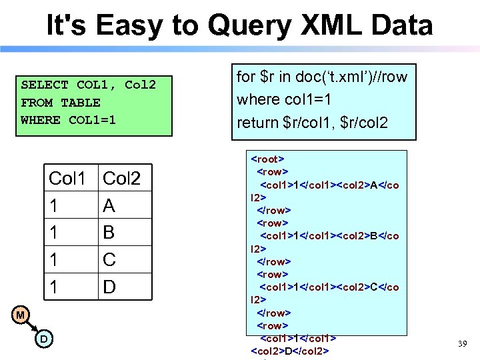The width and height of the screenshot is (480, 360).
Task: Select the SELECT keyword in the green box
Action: [x=45, y=85]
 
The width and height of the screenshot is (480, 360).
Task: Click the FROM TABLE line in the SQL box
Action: [x=61, y=103]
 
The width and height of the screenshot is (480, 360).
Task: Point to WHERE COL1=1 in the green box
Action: [x=68, y=120]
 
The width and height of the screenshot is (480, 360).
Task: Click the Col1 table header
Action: [x=67, y=179]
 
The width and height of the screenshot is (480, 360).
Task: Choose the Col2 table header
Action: [x=122, y=179]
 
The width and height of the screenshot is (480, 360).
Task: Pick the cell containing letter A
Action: [x=109, y=206]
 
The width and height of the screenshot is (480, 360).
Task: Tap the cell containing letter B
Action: [x=109, y=233]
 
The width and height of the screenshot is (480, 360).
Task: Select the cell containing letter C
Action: [x=109, y=260]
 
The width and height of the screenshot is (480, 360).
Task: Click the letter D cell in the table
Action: [x=109, y=287]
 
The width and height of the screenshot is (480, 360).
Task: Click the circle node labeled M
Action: [x=21, y=315]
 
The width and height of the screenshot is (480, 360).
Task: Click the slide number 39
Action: [x=462, y=344]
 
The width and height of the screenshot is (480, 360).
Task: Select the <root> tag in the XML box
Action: [x=267, y=159]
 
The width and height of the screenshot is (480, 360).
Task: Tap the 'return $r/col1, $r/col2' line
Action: [x=311, y=123]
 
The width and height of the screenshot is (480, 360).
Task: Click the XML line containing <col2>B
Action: [x=329, y=236]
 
